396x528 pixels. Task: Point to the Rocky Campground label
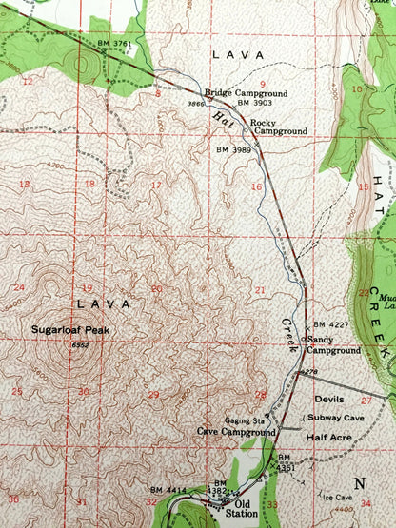(279, 126)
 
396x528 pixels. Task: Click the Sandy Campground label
(332, 344)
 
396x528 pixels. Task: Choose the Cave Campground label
(235, 431)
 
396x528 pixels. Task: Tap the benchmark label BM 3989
(235, 150)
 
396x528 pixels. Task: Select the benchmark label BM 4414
(168, 489)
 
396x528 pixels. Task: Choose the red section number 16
(255, 186)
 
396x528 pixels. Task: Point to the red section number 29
(153, 394)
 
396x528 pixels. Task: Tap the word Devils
(328, 400)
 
